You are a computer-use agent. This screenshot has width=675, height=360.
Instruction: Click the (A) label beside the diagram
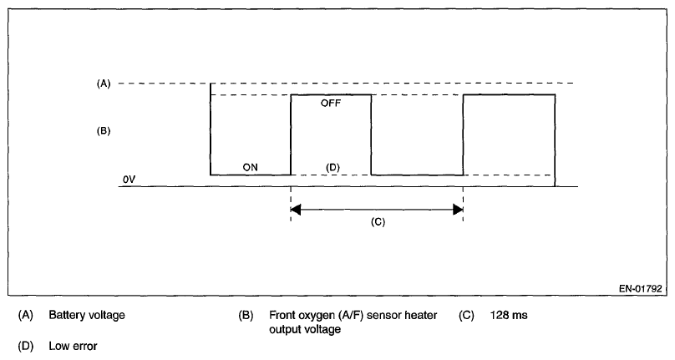[104, 84]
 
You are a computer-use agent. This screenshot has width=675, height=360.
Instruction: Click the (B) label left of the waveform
[104, 131]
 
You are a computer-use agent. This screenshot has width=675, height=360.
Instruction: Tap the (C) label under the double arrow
[376, 222]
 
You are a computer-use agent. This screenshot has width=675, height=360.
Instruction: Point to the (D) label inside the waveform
[332, 167]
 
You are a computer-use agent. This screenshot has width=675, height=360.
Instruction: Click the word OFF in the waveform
[331, 104]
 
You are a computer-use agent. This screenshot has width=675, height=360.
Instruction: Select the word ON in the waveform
[250, 167]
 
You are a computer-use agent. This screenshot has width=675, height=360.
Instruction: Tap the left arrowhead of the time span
[296, 209]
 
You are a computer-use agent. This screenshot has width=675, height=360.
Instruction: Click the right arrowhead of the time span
[457, 209]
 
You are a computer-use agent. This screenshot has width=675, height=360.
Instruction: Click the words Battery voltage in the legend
[87, 316]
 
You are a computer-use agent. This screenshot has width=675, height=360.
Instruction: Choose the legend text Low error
[74, 345]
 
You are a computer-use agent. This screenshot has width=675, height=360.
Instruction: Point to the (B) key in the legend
[246, 316]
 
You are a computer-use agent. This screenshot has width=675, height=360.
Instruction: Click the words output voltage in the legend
[306, 329]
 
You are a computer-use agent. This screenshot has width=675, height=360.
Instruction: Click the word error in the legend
[84, 345]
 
